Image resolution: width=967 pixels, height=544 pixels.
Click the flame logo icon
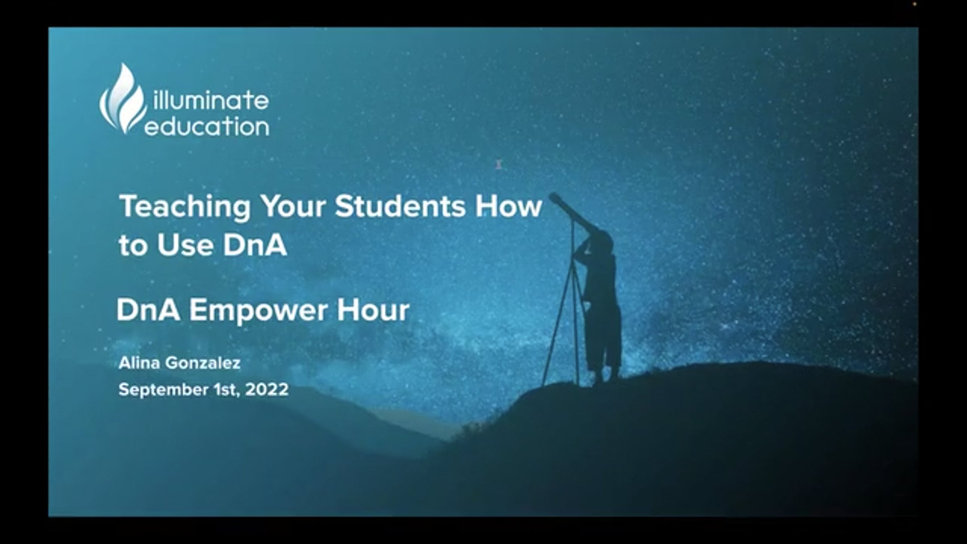point(123,99)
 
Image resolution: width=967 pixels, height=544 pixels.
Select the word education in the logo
point(207,127)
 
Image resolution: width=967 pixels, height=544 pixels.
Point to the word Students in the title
point(400,206)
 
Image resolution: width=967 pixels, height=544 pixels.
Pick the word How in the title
point(508,206)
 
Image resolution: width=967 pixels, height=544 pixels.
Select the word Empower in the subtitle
point(258,311)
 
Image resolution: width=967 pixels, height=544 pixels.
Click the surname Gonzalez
point(203,363)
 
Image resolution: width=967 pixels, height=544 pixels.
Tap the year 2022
point(267,390)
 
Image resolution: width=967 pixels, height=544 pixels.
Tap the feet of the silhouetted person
point(604,377)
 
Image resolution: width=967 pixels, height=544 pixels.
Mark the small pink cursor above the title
point(499,164)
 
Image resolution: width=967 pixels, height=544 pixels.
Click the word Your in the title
point(293,206)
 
